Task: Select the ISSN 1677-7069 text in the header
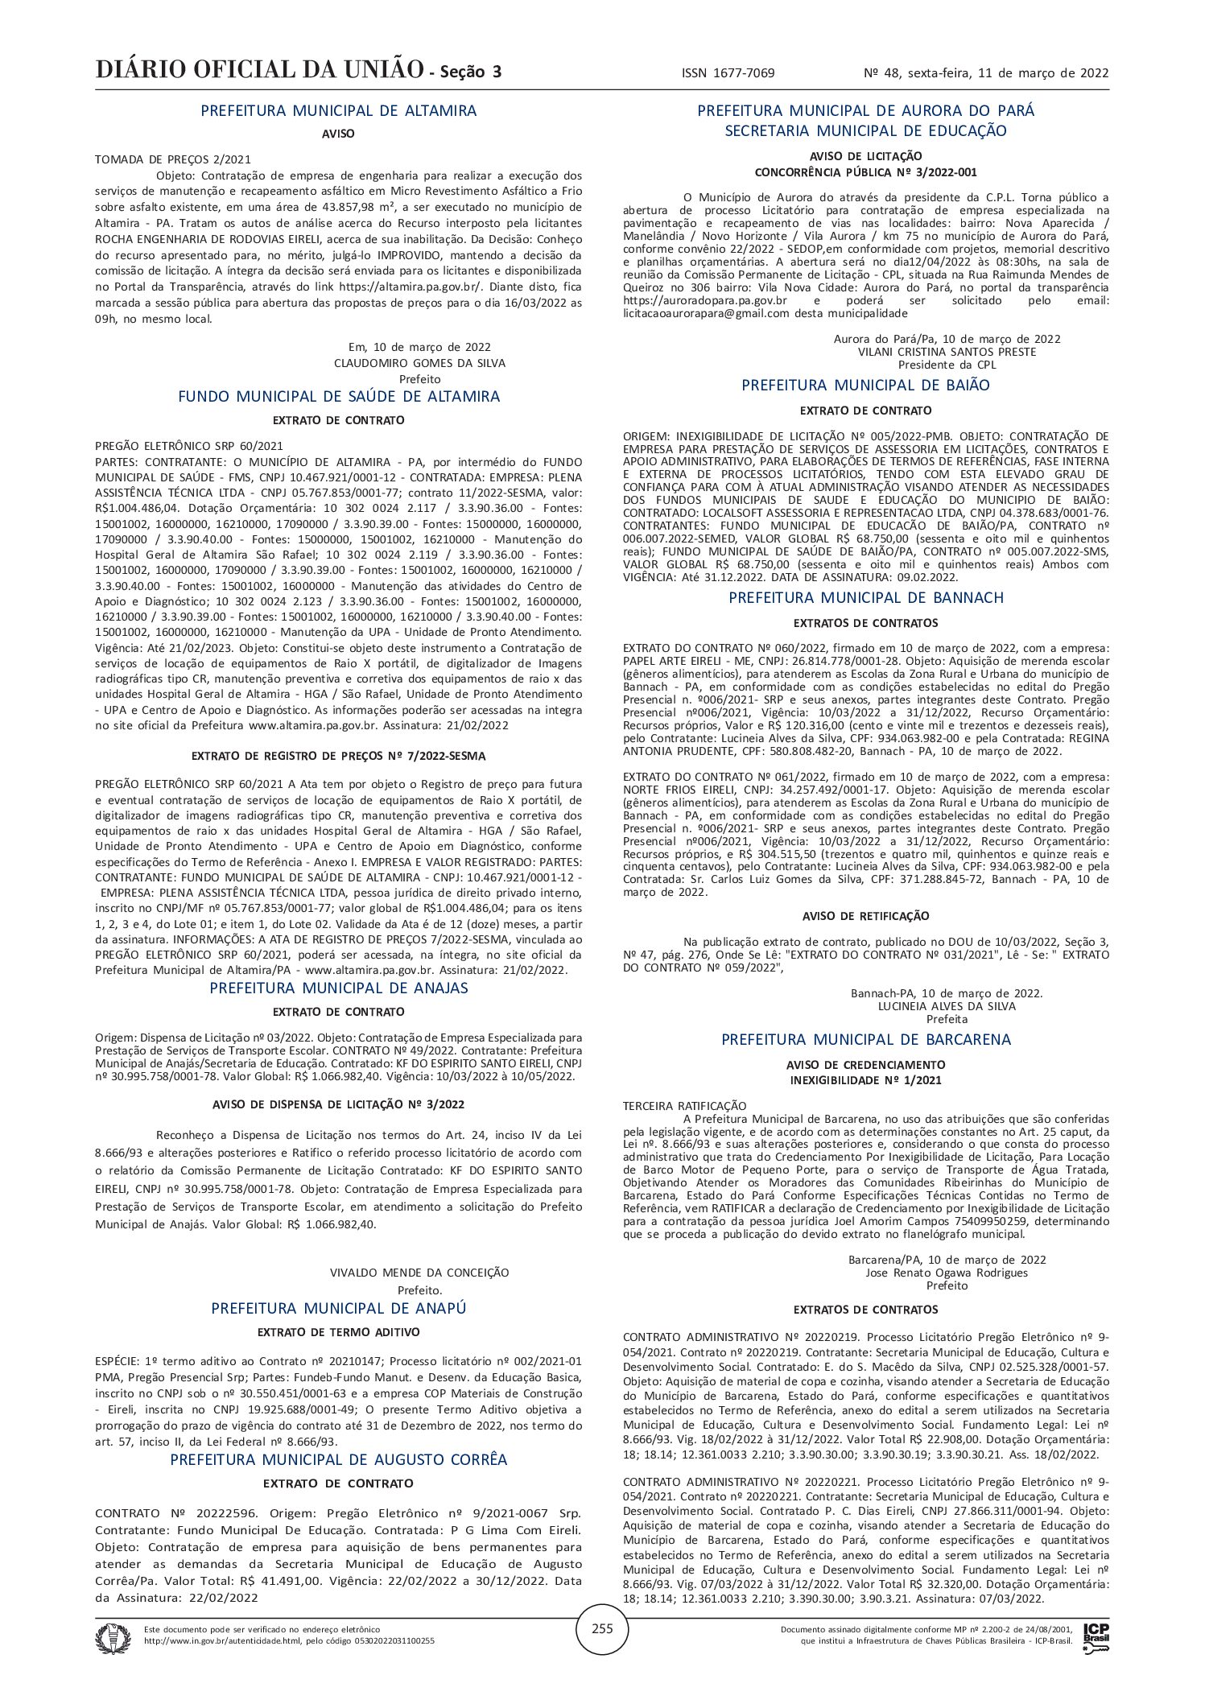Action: [x=728, y=73]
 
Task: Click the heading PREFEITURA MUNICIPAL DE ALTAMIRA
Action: [x=338, y=111]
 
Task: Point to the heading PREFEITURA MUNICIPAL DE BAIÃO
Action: [x=865, y=386]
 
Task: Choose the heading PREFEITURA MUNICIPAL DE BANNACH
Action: [x=865, y=598]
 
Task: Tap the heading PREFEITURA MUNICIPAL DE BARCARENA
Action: [x=865, y=1039]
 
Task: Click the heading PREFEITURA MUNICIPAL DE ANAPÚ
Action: [x=338, y=1308]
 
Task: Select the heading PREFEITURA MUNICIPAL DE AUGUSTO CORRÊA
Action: [x=338, y=1459]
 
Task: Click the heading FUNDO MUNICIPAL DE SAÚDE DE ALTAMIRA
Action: [x=338, y=397]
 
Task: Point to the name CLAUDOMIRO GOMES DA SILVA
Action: [x=419, y=363]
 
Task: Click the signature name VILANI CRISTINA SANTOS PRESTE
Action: [x=947, y=352]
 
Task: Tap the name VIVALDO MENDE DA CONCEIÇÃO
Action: [x=419, y=1273]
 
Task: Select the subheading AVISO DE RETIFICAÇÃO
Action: [x=865, y=916]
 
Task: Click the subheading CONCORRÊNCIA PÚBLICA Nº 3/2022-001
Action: [x=865, y=172]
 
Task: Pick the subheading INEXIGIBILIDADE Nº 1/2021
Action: [x=865, y=1080]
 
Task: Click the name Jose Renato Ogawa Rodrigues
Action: [x=947, y=1273]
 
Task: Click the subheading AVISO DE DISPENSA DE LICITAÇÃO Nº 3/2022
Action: [x=338, y=1104]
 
